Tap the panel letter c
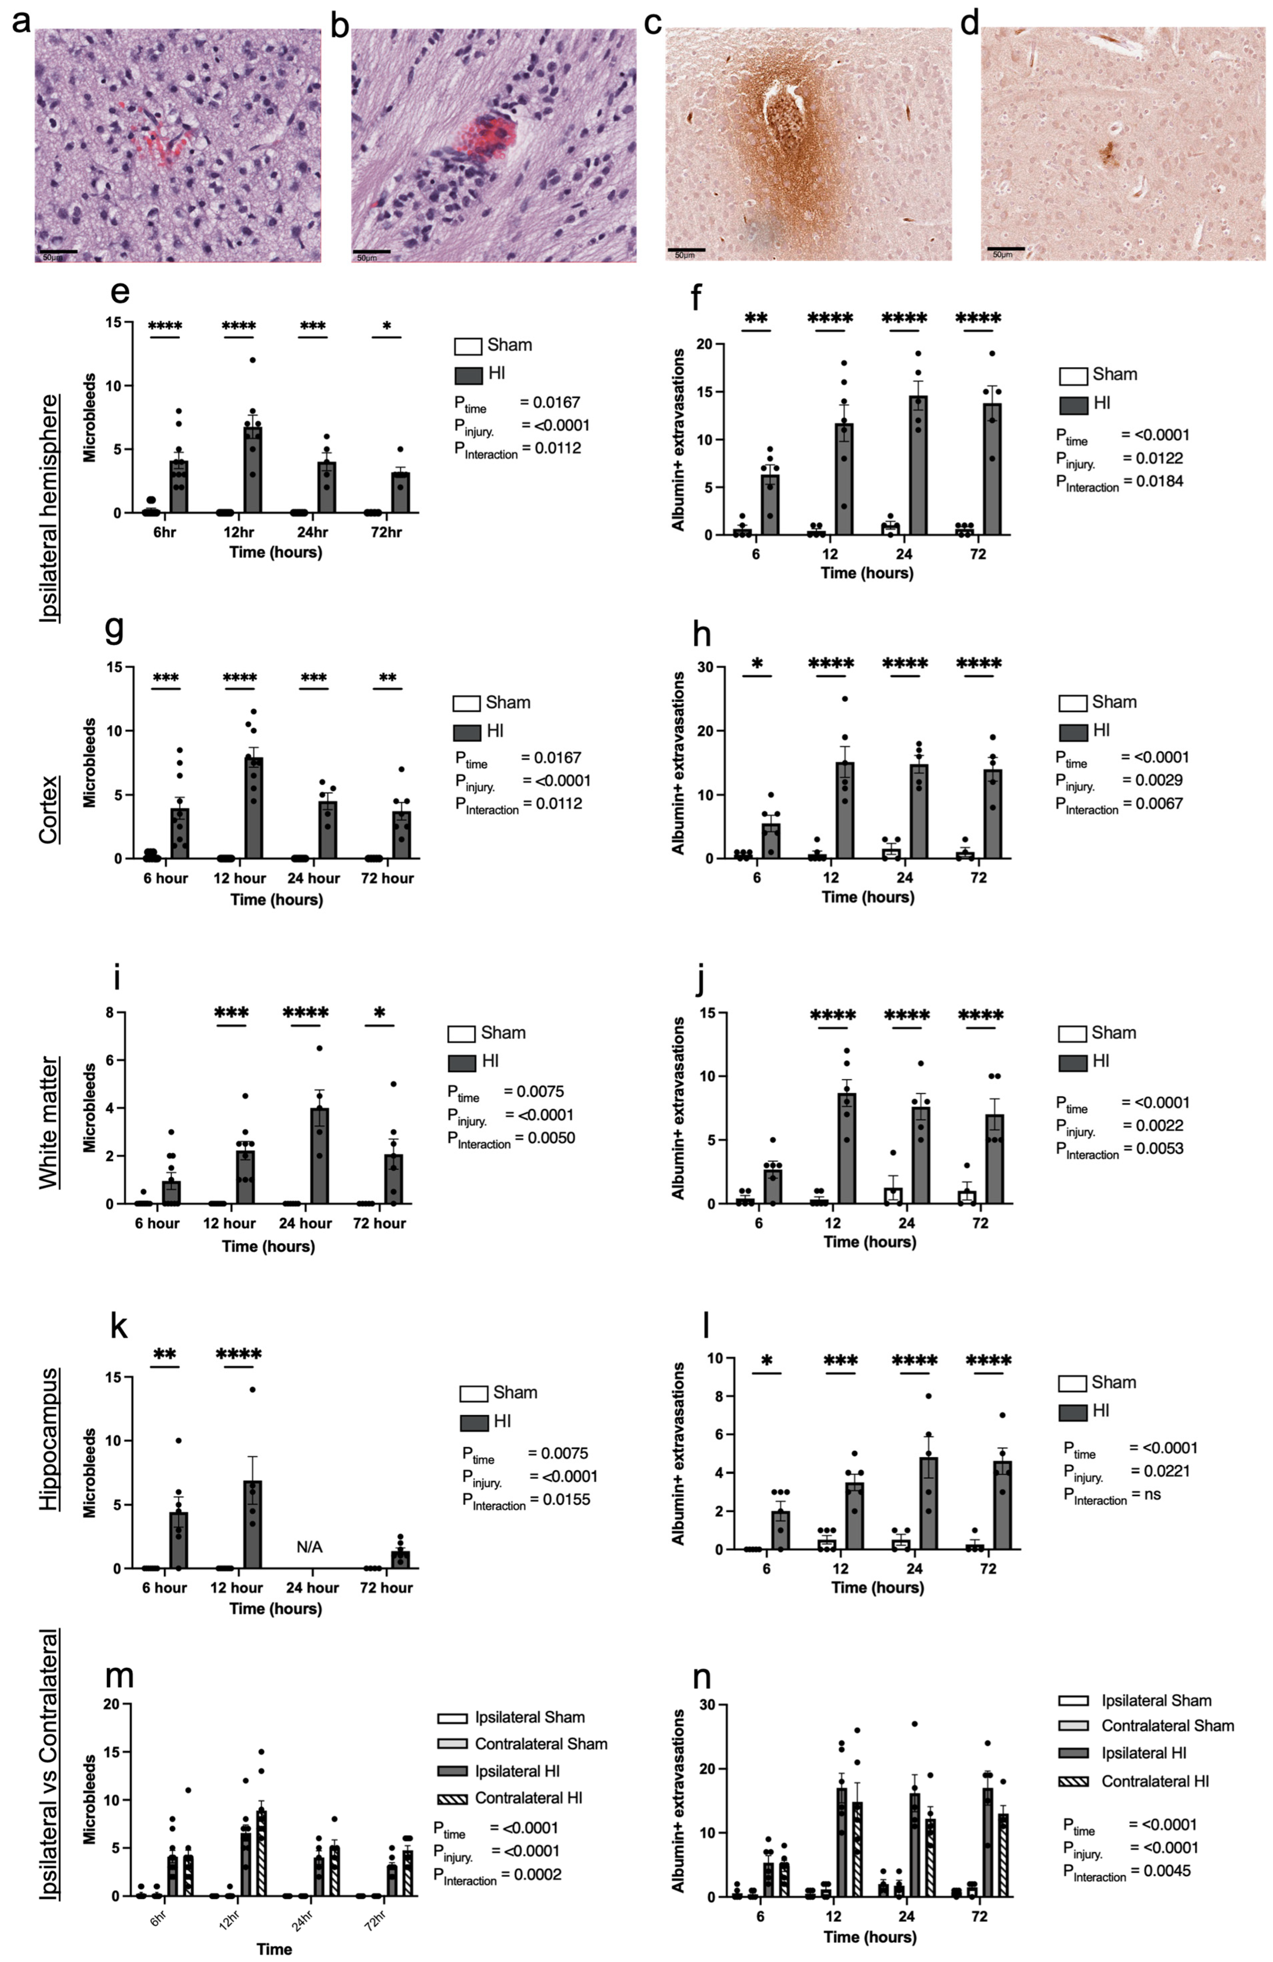click(x=653, y=23)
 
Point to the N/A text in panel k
click(x=309, y=1547)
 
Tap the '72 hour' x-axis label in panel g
click(x=387, y=878)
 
